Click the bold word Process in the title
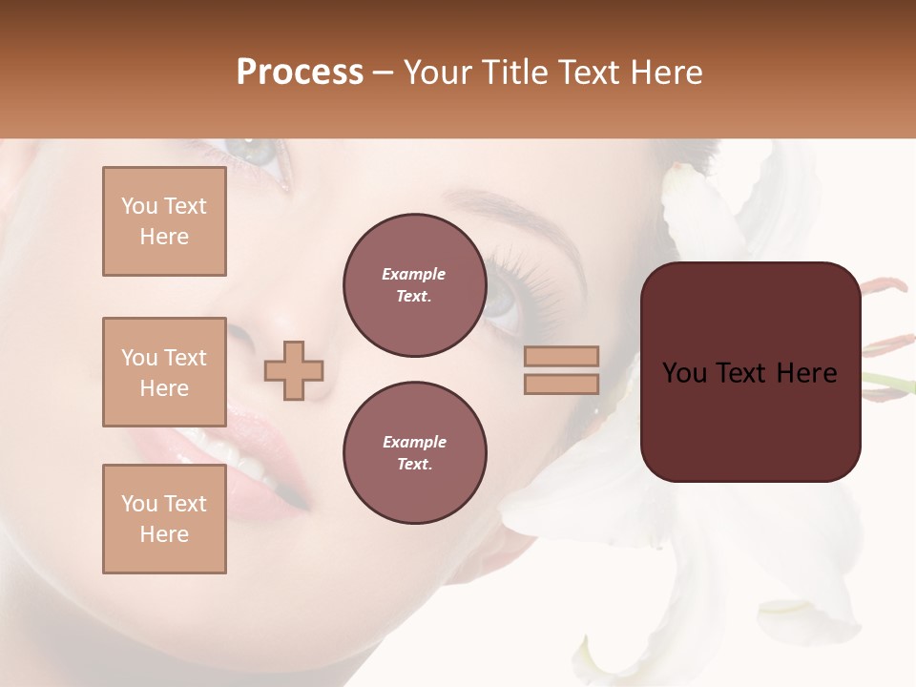tap(300, 73)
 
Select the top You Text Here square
tap(164, 221)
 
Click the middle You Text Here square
tap(164, 372)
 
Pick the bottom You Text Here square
tap(164, 518)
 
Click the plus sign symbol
tap(294, 369)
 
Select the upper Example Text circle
tap(414, 285)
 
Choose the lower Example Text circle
tap(414, 452)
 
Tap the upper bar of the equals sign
tap(561, 356)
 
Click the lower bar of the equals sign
tap(561, 384)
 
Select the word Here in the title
tap(669, 73)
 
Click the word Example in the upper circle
tap(414, 274)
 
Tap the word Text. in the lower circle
tap(414, 464)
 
